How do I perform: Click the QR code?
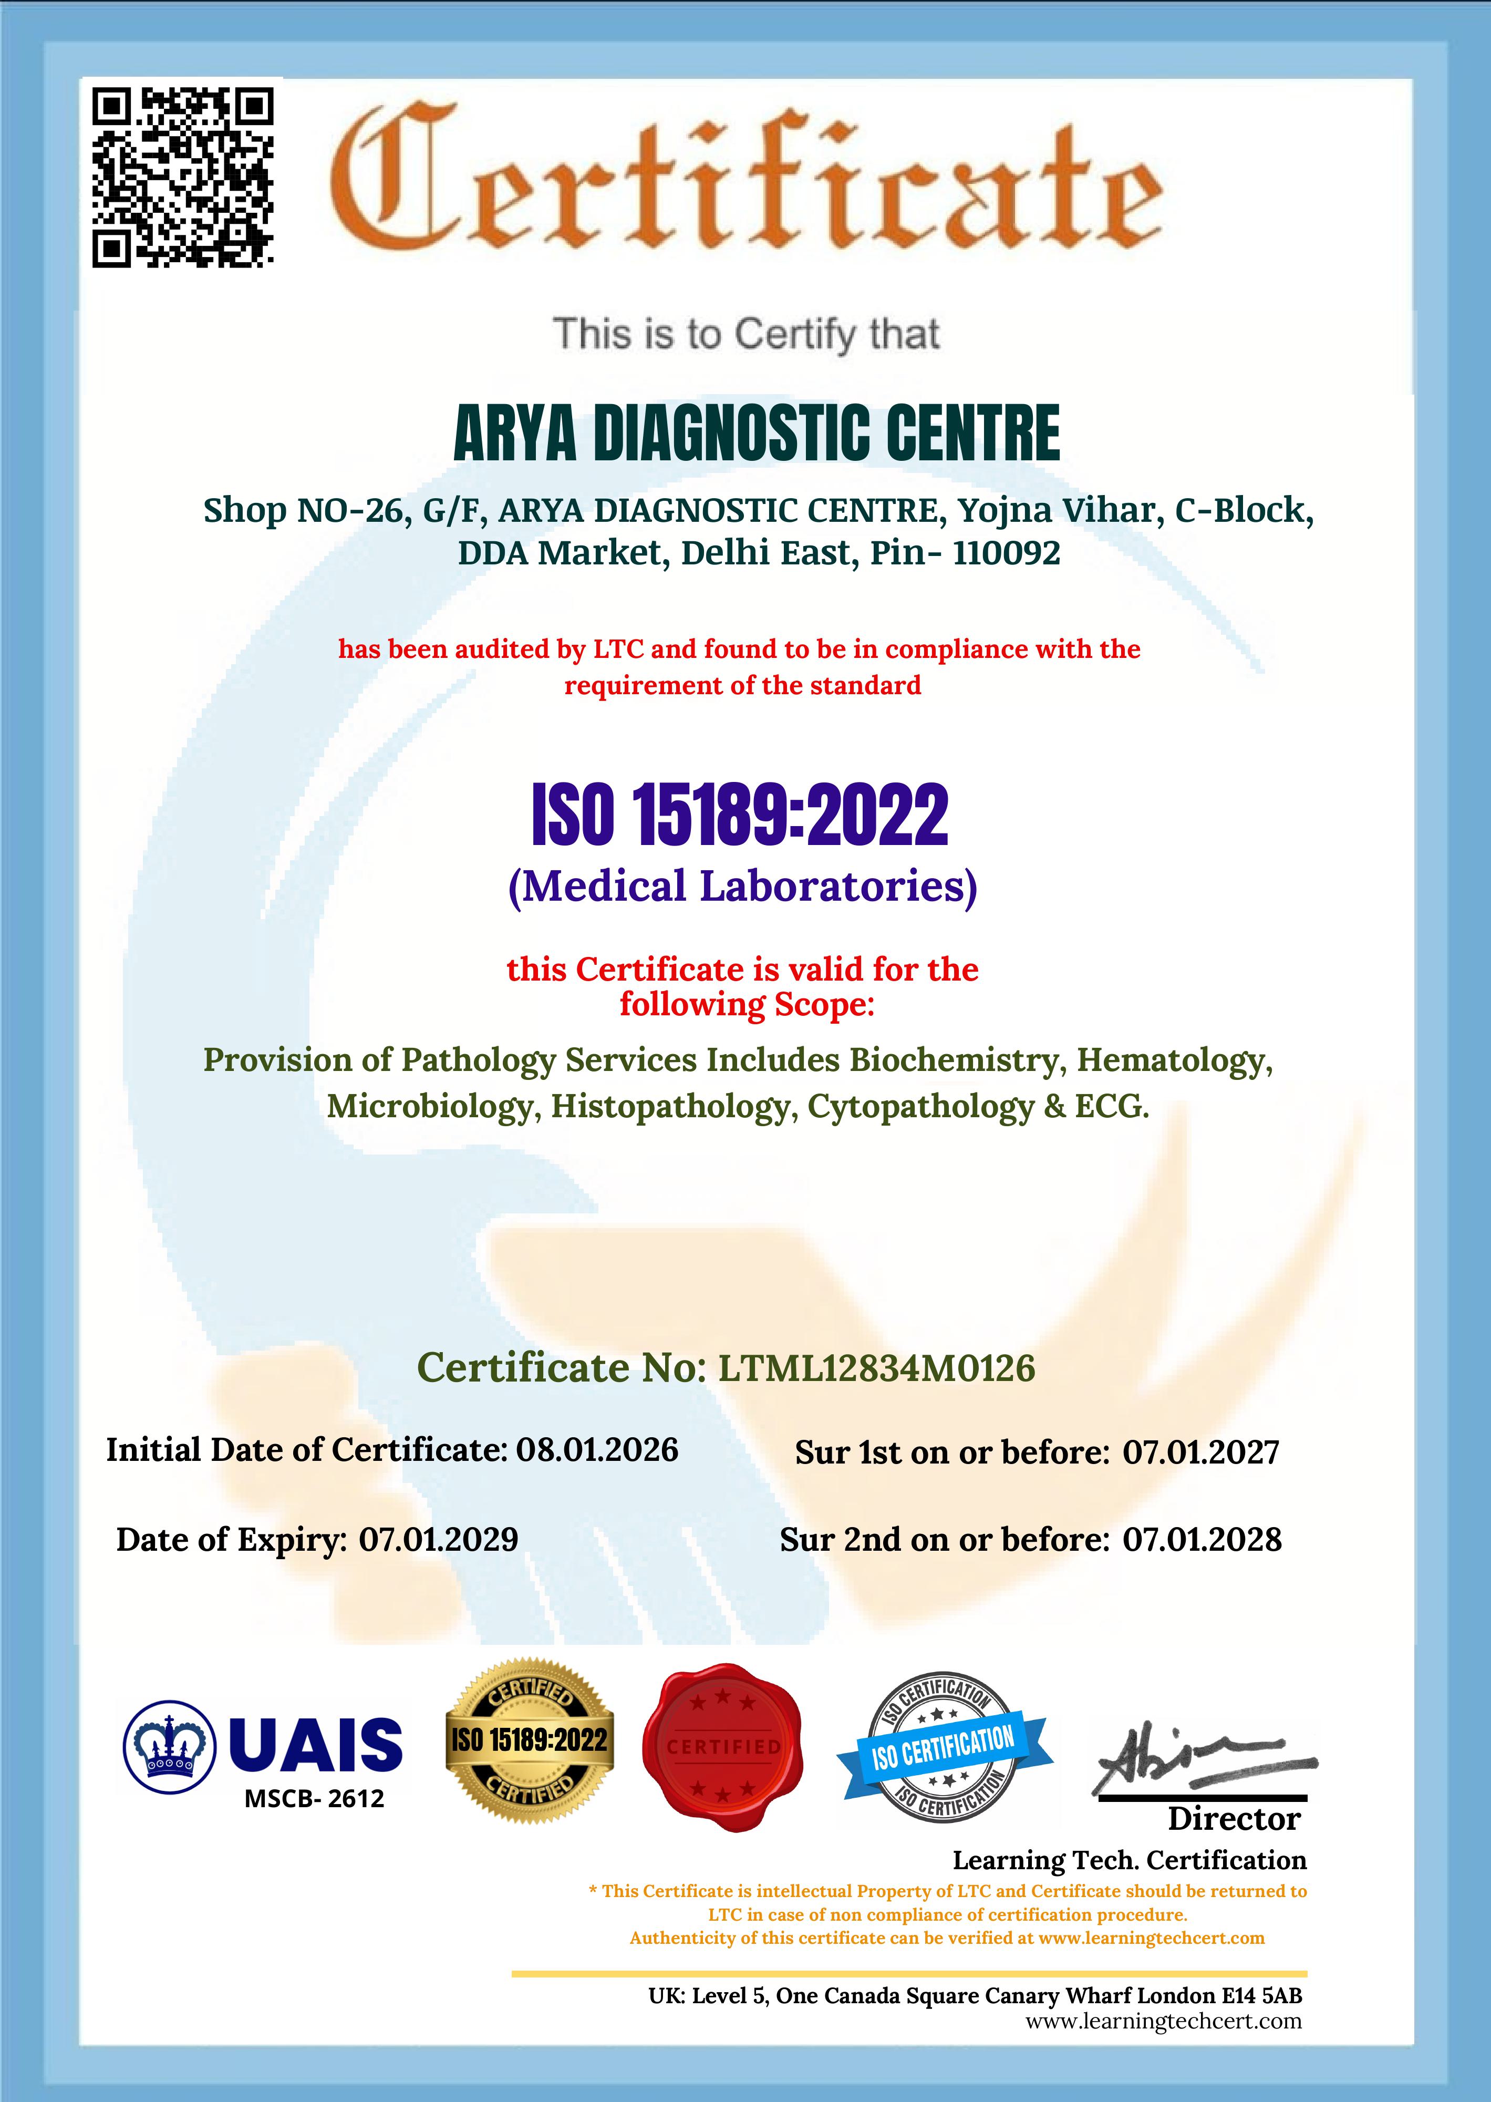coord(183,177)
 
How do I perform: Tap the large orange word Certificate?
coord(745,183)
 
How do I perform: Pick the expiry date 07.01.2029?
coord(438,1539)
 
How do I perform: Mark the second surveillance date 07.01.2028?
coord(1202,1539)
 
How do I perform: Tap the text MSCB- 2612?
coord(314,1799)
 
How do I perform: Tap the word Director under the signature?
coord(1234,1818)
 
